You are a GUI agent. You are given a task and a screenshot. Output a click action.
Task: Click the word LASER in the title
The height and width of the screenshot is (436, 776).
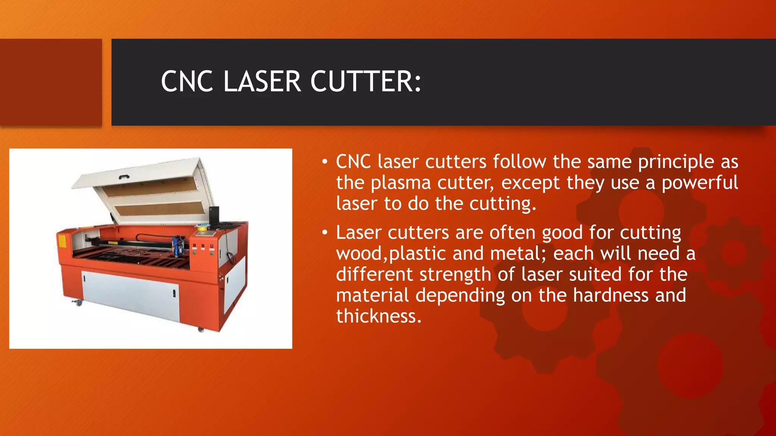(x=262, y=81)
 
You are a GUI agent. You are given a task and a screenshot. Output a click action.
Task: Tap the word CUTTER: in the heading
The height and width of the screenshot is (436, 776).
(x=366, y=81)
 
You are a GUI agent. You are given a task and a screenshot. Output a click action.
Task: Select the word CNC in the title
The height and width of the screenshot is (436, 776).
(x=187, y=81)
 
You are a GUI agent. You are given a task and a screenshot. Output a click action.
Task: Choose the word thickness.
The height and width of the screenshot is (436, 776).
(x=379, y=316)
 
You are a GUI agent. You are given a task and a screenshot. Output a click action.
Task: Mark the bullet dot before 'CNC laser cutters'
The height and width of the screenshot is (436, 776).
(x=324, y=162)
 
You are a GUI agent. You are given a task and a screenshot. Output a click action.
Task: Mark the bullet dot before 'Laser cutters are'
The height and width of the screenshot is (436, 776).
(x=324, y=233)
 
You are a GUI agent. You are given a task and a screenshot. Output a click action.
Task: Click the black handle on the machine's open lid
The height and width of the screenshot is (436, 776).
(x=124, y=177)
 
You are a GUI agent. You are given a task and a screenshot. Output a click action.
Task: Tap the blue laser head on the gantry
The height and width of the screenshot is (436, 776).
(x=178, y=244)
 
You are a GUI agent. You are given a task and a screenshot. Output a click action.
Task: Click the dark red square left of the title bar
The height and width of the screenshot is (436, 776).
(x=51, y=82)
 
